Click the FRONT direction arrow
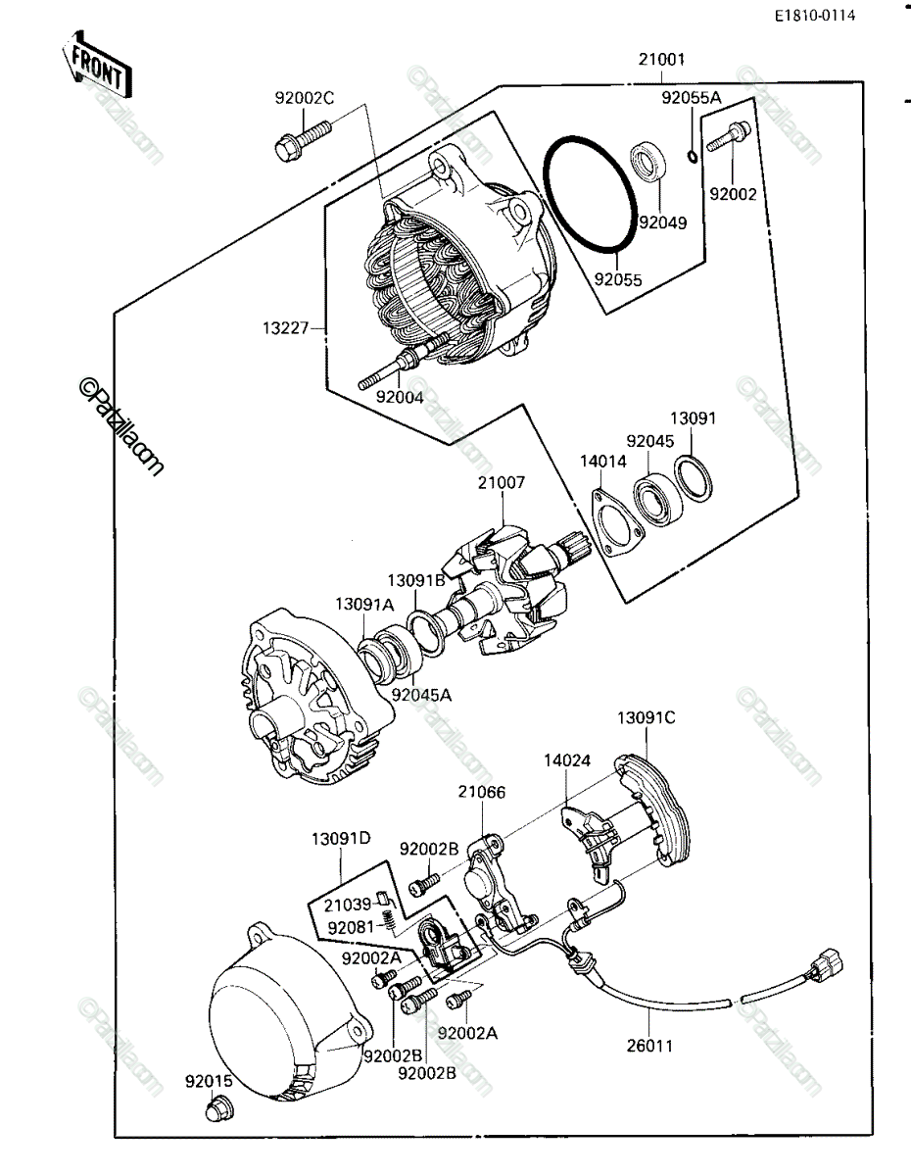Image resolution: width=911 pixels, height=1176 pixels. point(97,64)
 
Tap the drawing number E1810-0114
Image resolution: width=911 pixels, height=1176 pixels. point(815,16)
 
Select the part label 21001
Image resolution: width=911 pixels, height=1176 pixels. point(661,59)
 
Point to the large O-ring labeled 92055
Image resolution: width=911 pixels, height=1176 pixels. point(591,193)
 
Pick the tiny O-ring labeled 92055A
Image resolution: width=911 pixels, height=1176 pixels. point(692,157)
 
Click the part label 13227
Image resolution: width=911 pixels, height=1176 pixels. point(286,328)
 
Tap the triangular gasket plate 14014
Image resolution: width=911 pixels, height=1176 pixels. point(618,523)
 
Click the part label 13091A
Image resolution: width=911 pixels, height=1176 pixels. point(364,604)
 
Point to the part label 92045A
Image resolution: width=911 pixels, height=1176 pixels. point(421,695)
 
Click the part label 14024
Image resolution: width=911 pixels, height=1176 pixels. point(567,760)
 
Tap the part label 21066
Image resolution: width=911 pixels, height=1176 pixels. point(482,792)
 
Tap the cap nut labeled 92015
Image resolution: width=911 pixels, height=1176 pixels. point(219,1106)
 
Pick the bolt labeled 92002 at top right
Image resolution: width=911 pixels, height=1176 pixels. point(729,136)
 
